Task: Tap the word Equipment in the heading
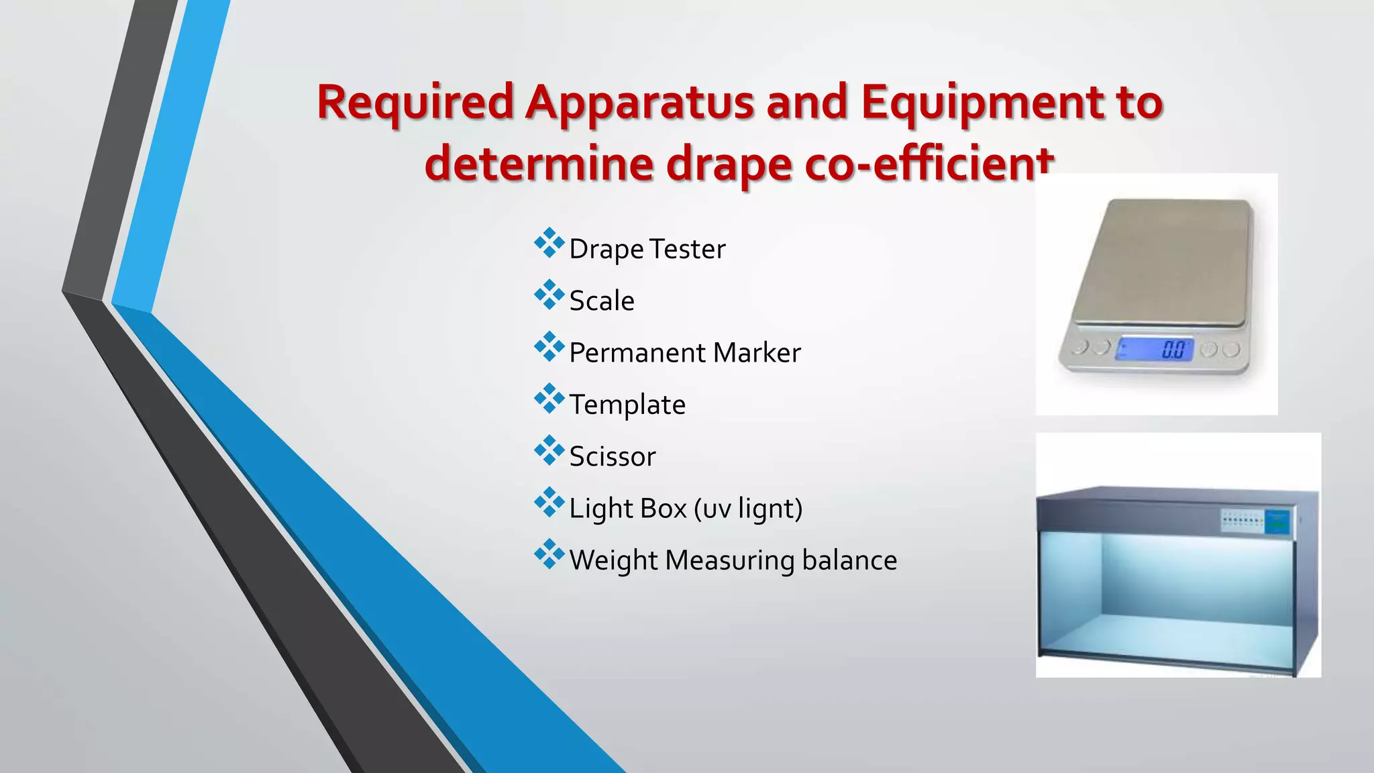tap(982, 103)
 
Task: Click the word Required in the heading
tap(415, 103)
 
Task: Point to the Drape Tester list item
tap(647, 249)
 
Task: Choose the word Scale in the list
tap(602, 301)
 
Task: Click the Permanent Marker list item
tap(684, 353)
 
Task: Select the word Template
tap(627, 405)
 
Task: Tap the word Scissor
tap(612, 457)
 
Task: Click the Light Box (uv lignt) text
tap(686, 509)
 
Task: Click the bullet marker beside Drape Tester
tap(549, 243)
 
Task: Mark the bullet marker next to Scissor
tap(549, 450)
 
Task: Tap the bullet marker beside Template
tap(549, 399)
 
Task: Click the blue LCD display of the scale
tap(1155, 349)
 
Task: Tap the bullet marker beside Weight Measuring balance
tap(549, 554)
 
